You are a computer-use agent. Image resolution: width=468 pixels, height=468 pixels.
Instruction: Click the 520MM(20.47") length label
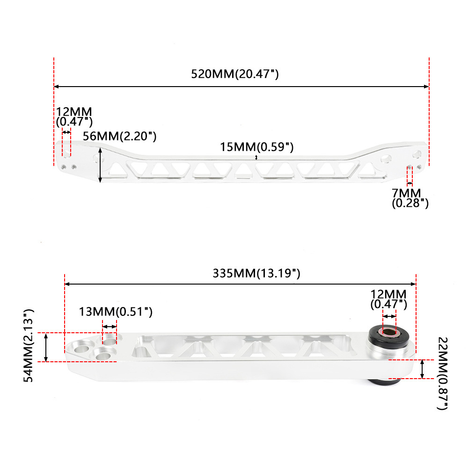tap(235, 74)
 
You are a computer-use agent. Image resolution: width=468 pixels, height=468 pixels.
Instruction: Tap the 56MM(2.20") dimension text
tap(119, 136)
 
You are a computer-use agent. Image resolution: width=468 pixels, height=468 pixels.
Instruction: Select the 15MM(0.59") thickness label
tap(256, 147)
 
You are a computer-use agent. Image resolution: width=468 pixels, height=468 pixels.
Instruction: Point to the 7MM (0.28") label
tap(410, 198)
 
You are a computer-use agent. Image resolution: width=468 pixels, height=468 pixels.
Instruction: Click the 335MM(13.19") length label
tap(256, 273)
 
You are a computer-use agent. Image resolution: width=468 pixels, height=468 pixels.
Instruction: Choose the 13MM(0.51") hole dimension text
tap(116, 312)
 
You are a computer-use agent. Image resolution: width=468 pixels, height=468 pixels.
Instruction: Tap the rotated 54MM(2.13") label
tap(29, 346)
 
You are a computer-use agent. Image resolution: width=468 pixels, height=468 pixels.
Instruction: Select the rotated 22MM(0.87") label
tap(443, 373)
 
